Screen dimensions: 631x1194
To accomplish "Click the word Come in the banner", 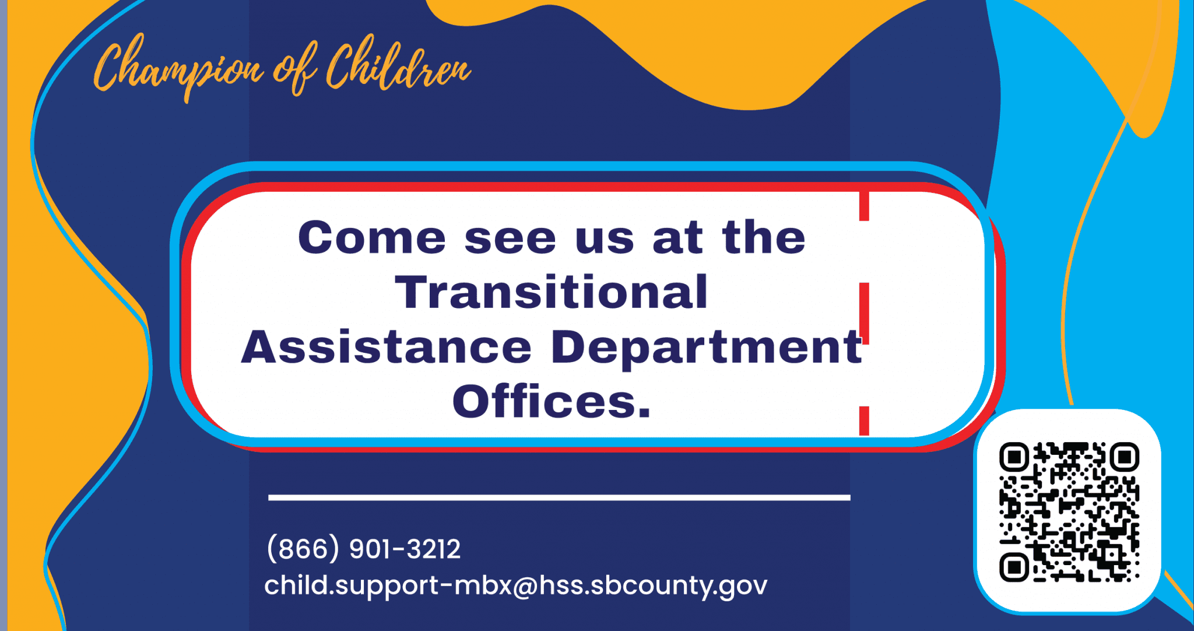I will [371, 237].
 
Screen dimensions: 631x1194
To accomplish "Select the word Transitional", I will [551, 292].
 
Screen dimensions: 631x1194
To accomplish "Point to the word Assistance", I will [386, 346].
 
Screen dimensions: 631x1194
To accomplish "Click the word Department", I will [705, 348].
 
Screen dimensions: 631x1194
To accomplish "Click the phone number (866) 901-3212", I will [363, 548].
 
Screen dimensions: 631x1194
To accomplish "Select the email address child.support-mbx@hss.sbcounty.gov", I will [515, 584].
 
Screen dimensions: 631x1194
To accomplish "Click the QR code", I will [1068, 512].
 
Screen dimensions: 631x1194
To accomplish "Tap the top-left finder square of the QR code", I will [1014, 457].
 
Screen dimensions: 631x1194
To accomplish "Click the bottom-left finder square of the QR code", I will [1014, 567].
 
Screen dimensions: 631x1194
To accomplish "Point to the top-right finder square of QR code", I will [1124, 457].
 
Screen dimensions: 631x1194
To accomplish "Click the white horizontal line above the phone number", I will [559, 497].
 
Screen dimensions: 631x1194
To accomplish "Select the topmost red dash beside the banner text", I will [864, 205].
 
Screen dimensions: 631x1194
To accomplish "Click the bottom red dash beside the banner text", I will [864, 420].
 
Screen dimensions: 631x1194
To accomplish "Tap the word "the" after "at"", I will [763, 237].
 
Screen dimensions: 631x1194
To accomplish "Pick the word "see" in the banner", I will [510, 239].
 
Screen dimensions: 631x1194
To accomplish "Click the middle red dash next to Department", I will [864, 313].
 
